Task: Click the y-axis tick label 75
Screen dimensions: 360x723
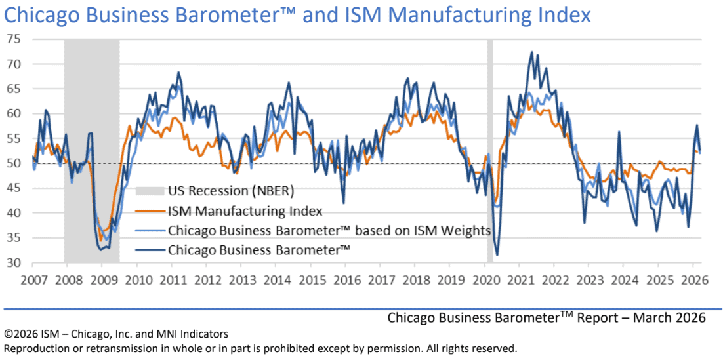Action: (14, 39)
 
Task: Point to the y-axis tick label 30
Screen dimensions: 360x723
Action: (14, 263)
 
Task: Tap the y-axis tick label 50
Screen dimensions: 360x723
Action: (14, 163)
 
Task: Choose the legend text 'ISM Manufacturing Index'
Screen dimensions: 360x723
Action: (245, 211)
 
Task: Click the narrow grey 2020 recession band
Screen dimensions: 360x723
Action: (490, 151)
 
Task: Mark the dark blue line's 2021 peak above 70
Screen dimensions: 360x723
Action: (531, 52)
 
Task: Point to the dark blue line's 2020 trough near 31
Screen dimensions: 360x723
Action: (497, 255)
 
